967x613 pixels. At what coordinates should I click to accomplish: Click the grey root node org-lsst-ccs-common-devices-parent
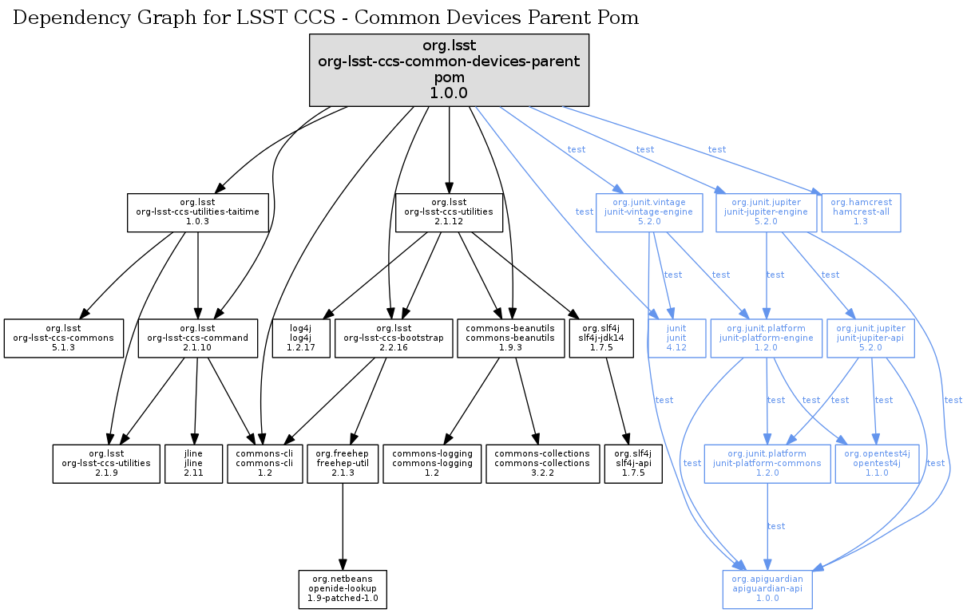tap(449, 70)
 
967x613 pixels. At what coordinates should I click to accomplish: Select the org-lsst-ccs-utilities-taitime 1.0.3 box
tap(197, 212)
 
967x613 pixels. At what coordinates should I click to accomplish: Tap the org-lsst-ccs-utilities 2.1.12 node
tap(449, 212)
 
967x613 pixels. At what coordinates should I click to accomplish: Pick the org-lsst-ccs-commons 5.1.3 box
tap(64, 338)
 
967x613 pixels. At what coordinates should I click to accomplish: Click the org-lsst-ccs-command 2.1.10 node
tap(197, 338)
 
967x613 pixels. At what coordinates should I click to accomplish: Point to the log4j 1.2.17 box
tap(300, 338)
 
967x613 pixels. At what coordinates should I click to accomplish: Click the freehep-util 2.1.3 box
tap(343, 464)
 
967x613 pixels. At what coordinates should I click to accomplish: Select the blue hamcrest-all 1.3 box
tap(861, 212)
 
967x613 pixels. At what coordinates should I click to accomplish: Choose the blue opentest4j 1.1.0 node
tap(876, 464)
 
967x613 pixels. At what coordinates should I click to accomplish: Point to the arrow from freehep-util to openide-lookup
tap(343, 527)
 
